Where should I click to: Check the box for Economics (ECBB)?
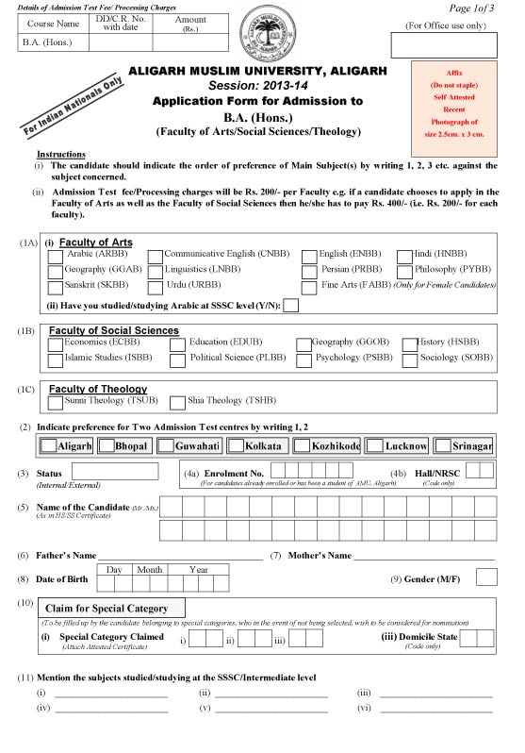pyautogui.click(x=55, y=344)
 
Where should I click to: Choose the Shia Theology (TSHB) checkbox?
pyautogui.click(x=177, y=403)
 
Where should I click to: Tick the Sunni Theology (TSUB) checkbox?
pyautogui.click(x=55, y=403)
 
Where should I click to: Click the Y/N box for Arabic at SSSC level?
pyautogui.click(x=291, y=305)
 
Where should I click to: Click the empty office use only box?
pyautogui.click(x=443, y=44)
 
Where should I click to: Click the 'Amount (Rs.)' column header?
pyautogui.click(x=190, y=23)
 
